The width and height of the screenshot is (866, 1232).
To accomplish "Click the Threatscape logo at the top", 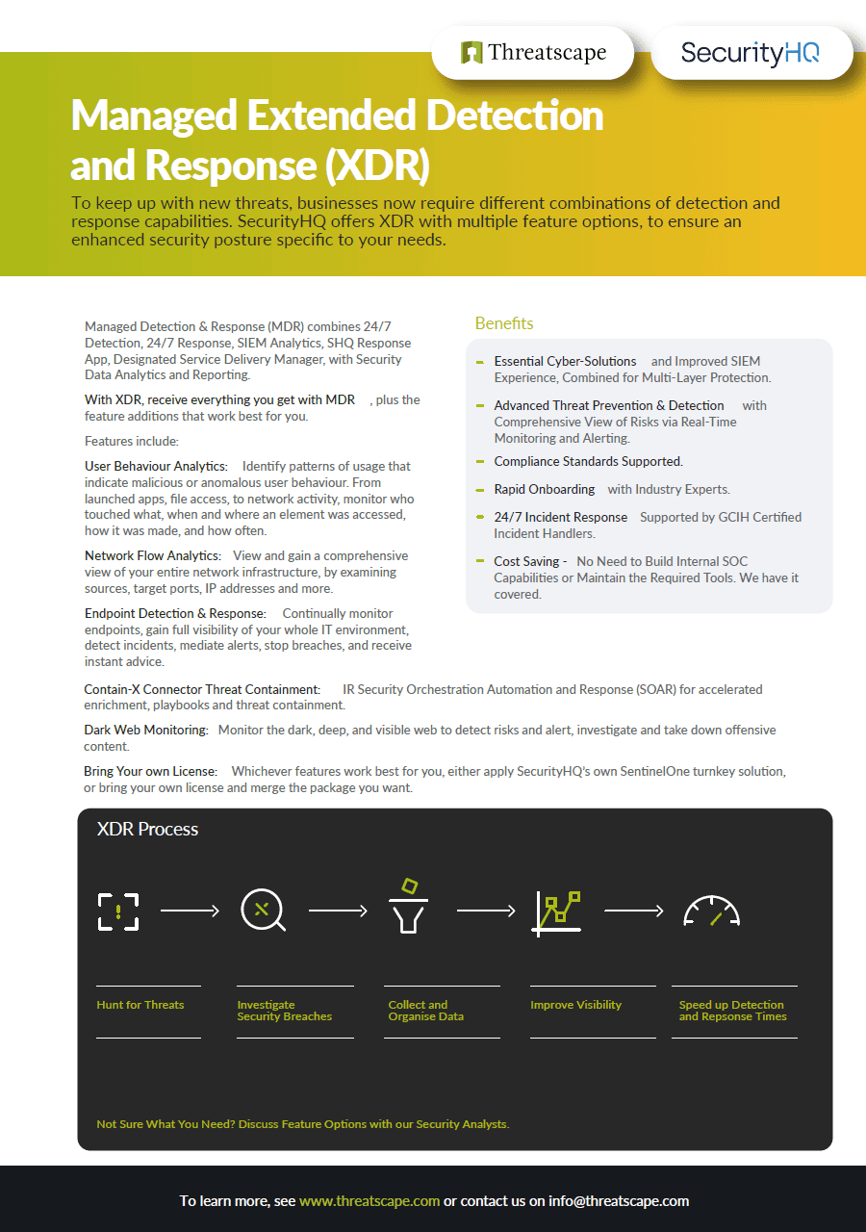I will (534, 52).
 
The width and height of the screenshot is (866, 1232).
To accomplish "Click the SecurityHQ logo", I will (751, 52).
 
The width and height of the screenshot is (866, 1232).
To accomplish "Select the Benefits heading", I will (504, 323).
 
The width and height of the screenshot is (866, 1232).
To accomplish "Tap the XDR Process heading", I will (147, 829).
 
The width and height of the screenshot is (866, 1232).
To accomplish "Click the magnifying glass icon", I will (263, 911).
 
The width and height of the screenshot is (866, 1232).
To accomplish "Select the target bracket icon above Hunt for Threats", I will (118, 911).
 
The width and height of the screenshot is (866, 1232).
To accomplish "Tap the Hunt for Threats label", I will (140, 1005).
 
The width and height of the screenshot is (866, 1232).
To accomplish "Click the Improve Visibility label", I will (575, 1005).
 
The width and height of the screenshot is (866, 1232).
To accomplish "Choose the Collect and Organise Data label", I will (418, 1011).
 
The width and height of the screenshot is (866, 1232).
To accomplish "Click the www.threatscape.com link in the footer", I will (369, 1201).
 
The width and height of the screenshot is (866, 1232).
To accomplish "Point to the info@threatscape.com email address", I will (619, 1201).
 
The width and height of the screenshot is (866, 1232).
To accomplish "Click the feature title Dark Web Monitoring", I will (146, 731).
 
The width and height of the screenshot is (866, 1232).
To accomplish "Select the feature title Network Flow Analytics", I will (153, 555).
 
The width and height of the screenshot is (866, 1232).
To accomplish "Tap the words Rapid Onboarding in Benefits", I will (545, 489).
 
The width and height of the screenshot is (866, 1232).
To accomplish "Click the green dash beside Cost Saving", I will (480, 560).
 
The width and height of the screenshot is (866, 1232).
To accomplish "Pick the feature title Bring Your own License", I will (151, 771).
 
